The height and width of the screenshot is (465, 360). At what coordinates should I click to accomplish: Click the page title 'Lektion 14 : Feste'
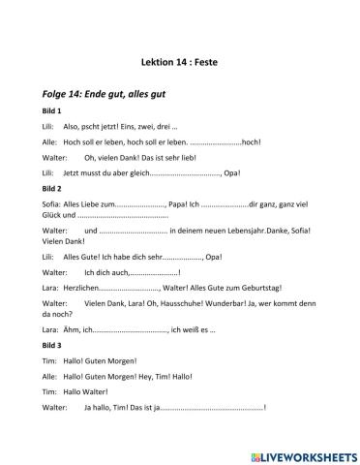tap(180, 60)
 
